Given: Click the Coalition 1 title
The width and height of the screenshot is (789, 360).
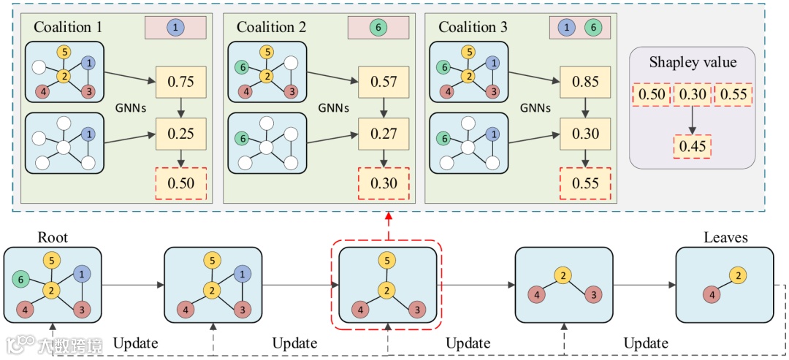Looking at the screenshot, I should click(68, 28).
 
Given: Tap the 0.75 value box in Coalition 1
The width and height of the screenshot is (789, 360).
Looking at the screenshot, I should click(180, 83).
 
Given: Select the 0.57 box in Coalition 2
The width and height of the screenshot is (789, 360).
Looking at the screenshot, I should click(384, 83).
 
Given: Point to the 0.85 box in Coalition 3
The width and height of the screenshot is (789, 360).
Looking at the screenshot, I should click(585, 83).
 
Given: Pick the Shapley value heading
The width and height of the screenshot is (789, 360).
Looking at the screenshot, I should click(691, 63).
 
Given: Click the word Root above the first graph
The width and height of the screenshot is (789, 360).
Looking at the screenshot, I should click(52, 238).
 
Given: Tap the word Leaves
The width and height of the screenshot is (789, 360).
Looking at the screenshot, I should click(725, 238).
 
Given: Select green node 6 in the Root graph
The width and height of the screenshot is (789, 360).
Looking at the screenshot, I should click(21, 278).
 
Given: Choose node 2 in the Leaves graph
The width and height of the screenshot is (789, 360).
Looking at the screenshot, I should click(738, 275).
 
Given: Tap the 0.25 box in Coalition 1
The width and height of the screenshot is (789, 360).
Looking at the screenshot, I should click(180, 134).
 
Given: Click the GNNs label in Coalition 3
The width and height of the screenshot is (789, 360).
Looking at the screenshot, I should click(535, 107).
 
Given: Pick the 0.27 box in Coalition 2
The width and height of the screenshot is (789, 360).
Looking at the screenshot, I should click(384, 134).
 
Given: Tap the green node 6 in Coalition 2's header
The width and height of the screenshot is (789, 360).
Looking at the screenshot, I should click(378, 28).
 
